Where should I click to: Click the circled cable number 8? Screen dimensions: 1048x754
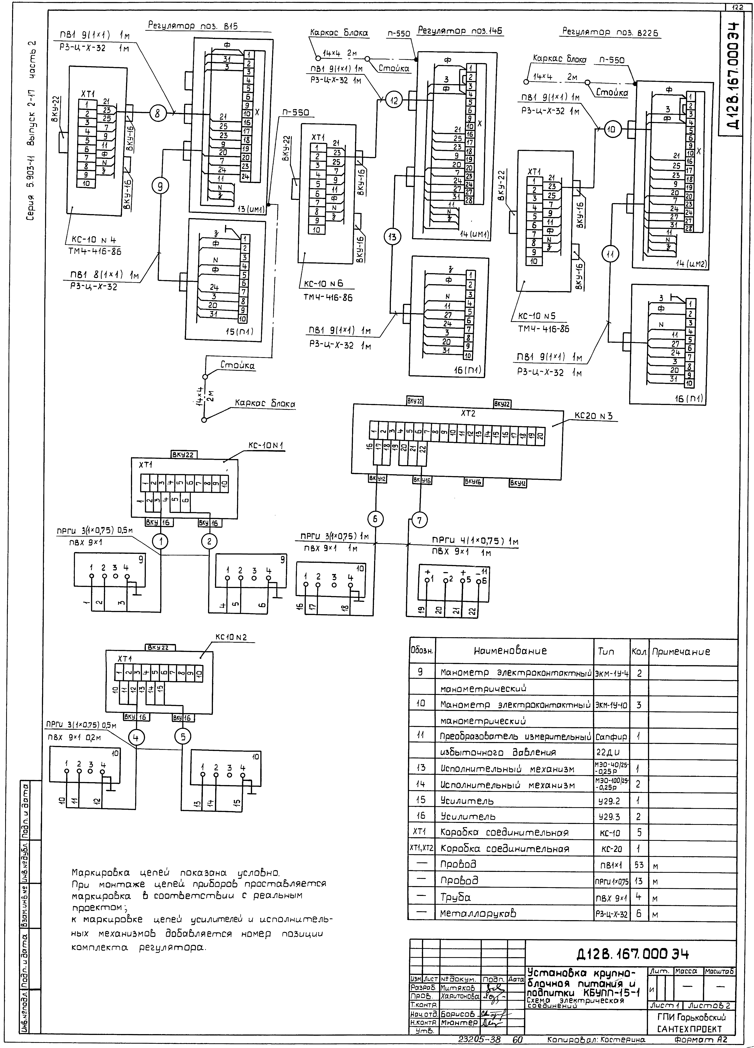pos(158,113)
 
